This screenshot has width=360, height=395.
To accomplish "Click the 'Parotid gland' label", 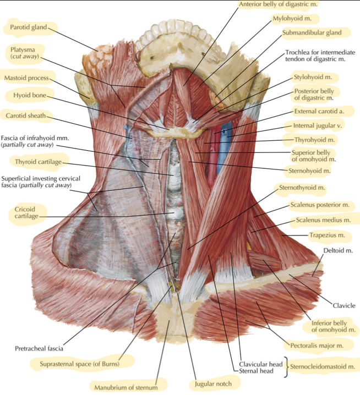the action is tap(29, 27).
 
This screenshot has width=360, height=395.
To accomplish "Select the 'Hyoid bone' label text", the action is tap(30, 95).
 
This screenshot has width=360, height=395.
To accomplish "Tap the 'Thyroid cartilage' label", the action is tap(38, 162).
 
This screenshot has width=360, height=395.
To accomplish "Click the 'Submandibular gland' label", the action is tap(312, 33).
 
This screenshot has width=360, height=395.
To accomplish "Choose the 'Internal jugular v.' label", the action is tap(318, 125).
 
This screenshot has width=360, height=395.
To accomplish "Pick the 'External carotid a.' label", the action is tap(319, 111).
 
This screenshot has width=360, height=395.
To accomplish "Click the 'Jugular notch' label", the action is tap(213, 384).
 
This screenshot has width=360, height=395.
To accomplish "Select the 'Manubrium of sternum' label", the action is tap(126, 387).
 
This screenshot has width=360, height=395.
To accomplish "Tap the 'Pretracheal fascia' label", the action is tap(39, 349).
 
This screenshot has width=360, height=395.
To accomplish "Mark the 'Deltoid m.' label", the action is tap(338, 250).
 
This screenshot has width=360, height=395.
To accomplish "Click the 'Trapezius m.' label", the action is tap(327, 235).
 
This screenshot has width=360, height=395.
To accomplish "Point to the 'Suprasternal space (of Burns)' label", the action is tap(79, 364).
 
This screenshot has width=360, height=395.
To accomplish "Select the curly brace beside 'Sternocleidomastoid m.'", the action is tap(286, 367).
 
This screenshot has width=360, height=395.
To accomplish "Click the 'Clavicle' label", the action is tap(344, 305).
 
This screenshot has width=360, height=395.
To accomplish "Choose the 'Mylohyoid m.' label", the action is tap(292, 18).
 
